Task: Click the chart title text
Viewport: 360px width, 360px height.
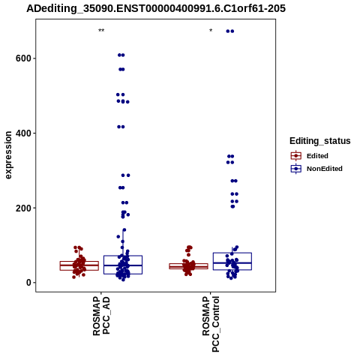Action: pos(156,9)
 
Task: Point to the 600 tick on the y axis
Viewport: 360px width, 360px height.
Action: pos(23,58)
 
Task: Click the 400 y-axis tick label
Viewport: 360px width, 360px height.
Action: pos(23,133)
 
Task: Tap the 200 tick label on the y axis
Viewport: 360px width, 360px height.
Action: pos(23,208)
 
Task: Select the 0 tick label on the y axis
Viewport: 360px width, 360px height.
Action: pos(28,283)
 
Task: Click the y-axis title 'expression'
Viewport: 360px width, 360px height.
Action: pos(8,155)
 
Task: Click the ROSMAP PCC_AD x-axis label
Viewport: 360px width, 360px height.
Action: pos(101,316)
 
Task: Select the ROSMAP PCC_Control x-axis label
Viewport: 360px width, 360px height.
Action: pos(211,324)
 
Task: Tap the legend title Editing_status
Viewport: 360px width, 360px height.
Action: pos(320,141)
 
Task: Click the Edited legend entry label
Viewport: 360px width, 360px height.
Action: pos(317,156)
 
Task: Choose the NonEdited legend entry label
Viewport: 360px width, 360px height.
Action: pos(325,169)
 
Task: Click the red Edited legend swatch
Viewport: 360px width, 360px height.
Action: pos(296,156)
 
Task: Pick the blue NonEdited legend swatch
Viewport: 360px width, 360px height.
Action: pos(296,169)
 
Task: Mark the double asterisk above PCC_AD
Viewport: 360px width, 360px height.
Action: pos(101,31)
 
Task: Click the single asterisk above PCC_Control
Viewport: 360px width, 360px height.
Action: pos(211,31)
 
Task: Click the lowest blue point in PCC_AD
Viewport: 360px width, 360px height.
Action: pos(123,280)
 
